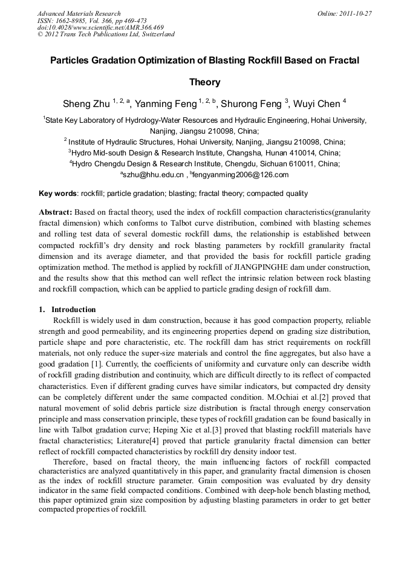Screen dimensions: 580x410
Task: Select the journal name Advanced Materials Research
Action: (x=79, y=13)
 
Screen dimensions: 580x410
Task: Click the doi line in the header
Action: (x=100, y=27)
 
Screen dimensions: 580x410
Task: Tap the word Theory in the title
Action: (x=204, y=82)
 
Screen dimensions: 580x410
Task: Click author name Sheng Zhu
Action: (x=86, y=103)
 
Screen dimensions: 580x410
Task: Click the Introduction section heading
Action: (x=74, y=310)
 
